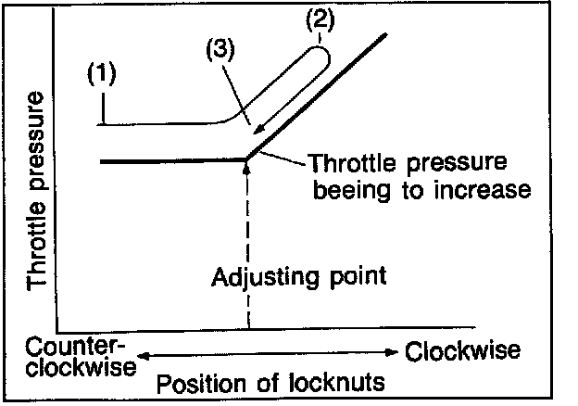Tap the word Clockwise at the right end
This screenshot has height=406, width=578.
point(462,350)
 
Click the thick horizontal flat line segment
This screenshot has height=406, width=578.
point(167,161)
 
